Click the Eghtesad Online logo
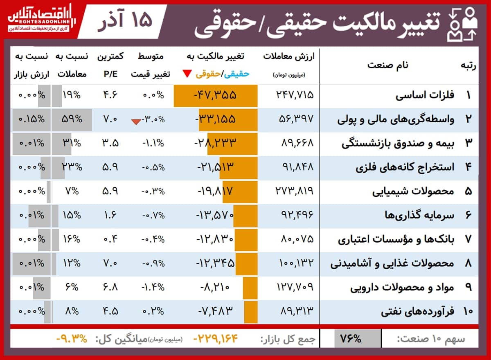point(39,19)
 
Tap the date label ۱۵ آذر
point(125,21)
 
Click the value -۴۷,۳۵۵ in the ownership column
point(215,95)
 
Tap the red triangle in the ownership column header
point(187,74)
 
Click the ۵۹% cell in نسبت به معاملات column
point(72,119)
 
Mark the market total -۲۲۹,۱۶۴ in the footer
point(216,339)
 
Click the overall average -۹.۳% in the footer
point(72,339)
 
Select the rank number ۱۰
point(468,311)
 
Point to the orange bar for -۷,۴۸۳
point(250,311)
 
